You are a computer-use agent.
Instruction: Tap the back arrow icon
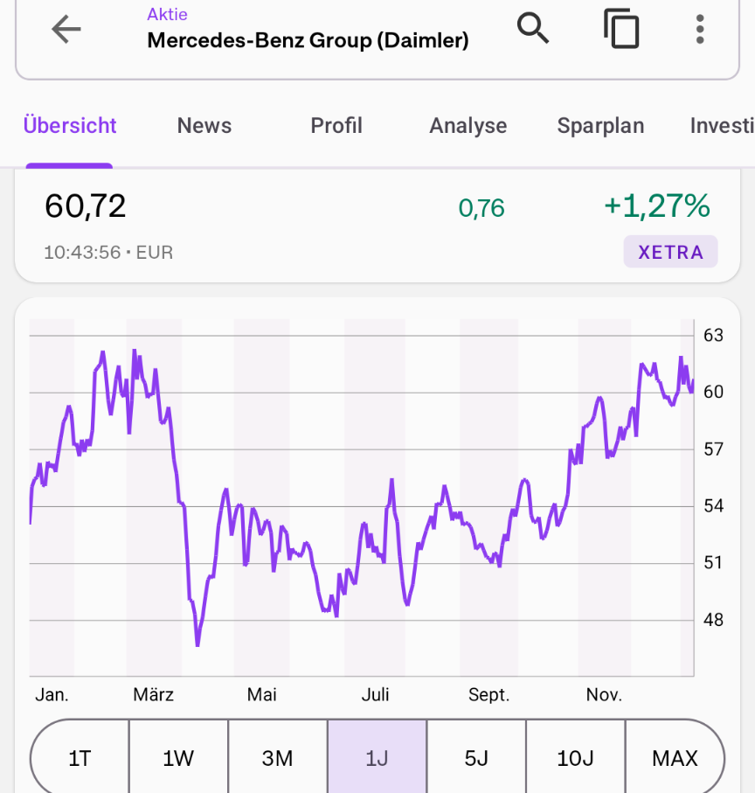66,30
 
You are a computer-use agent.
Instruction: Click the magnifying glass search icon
533,28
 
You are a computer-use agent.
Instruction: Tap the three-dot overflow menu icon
700,30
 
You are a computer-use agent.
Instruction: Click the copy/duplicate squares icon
621,28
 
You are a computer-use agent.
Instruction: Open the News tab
204,125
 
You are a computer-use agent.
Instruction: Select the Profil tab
336,125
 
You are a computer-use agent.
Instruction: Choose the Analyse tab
468,126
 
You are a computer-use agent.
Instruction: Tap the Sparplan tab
601,126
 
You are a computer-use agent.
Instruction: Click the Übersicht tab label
70,125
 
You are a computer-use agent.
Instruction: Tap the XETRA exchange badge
670,251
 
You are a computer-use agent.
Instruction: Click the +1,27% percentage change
657,205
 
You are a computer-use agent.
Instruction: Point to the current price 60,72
85,206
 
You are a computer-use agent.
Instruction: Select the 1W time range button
178,758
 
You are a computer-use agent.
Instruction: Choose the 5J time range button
476,758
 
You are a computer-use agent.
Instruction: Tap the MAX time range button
675,758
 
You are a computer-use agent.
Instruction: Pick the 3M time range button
277,758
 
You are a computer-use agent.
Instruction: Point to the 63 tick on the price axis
713,336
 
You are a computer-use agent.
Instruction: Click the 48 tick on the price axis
713,620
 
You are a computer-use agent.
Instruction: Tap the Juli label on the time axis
375,694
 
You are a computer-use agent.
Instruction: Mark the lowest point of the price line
197,645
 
